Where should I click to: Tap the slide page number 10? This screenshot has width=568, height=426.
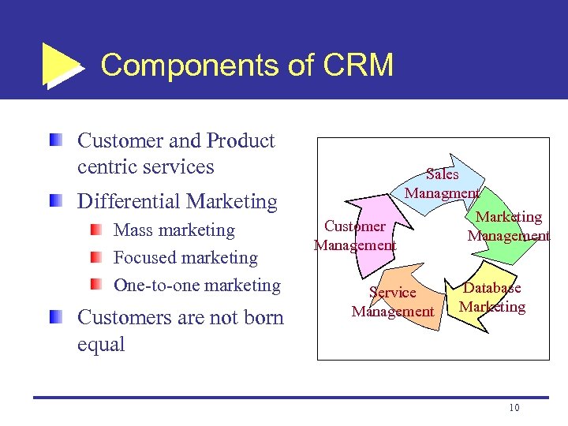coord(514,408)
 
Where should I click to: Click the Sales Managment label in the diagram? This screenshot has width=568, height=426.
coord(442,183)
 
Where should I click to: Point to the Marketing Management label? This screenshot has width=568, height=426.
coord(508,226)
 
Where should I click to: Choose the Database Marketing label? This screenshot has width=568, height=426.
coord(492,297)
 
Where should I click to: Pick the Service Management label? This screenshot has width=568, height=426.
coord(393,301)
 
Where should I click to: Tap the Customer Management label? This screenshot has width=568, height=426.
coord(355,235)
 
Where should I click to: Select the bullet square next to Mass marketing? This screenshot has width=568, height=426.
coord(95,230)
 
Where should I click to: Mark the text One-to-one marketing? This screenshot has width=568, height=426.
coord(197,285)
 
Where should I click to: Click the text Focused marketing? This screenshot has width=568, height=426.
coord(185,257)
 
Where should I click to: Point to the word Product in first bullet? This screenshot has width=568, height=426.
coord(241,140)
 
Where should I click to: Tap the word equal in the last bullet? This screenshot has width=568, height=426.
coord(101,344)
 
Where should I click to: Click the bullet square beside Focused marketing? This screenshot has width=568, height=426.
coord(95,258)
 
